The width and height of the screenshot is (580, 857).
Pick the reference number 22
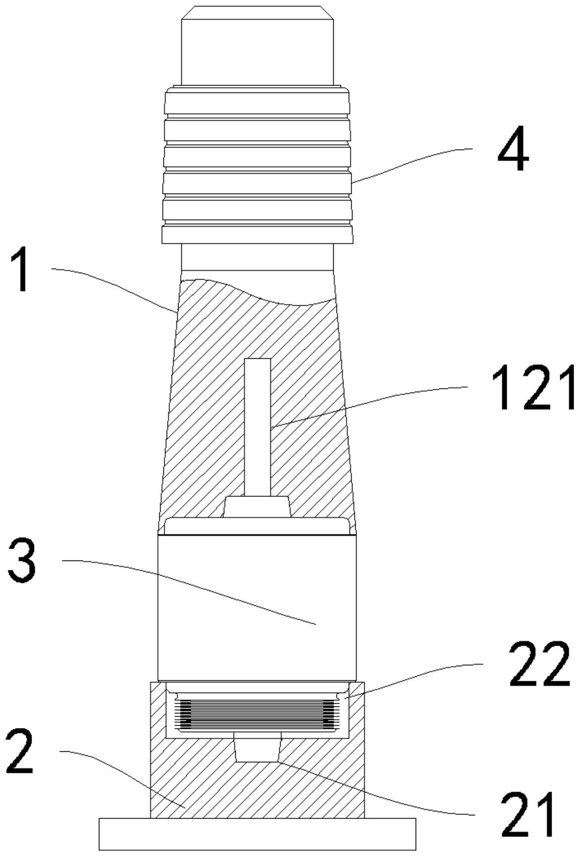(x=540, y=663)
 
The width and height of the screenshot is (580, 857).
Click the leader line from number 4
(x=412, y=162)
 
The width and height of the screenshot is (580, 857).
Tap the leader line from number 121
(x=366, y=403)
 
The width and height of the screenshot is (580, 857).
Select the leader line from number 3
(x=192, y=586)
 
